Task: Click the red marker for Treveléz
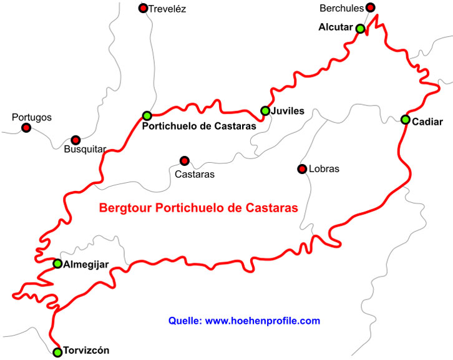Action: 143,8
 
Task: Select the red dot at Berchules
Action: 370,7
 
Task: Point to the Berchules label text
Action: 341,8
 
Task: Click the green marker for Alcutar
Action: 360,28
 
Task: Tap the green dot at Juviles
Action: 265,111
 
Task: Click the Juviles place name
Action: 288,111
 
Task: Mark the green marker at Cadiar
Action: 405,120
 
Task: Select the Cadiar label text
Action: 427,121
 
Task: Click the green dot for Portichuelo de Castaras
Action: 147,115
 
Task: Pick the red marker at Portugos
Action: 26,128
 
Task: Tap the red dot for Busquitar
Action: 75,140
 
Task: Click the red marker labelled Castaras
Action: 184,161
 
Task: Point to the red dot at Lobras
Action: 302,169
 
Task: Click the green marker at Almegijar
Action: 57,264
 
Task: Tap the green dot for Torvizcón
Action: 57,353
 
